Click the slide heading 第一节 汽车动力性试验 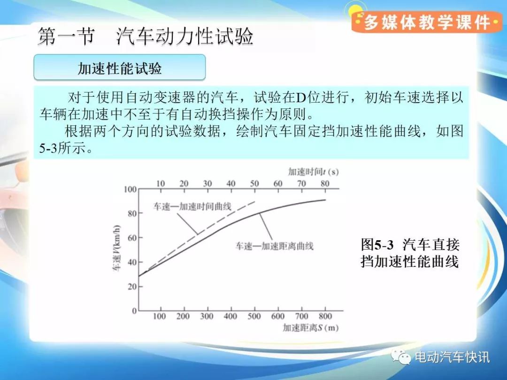[146, 36]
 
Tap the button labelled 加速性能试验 [120, 67]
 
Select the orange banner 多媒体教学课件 [426, 23]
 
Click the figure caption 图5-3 [377, 244]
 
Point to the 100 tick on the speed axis [130, 190]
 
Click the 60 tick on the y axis [132, 238]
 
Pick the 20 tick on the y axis [132, 287]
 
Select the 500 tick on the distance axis [254, 316]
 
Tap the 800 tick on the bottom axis [325, 316]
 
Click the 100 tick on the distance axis [160, 316]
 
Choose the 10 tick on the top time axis [161, 183]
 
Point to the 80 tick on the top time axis [325, 183]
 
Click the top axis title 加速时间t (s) [313, 172]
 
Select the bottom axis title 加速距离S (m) [311, 327]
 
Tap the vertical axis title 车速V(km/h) [116, 248]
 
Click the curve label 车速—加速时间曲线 [192, 206]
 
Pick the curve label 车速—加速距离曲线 [275, 246]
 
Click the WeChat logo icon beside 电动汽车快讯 [400, 357]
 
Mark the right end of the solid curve [326, 200]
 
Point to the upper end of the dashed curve [255, 201]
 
